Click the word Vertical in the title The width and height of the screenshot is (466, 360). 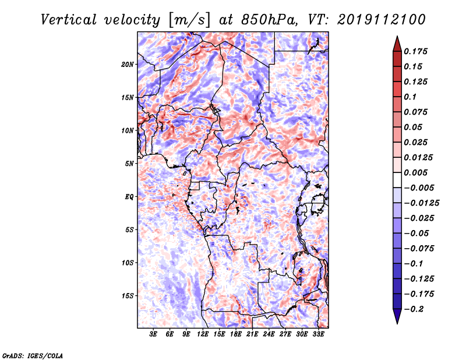point(68,20)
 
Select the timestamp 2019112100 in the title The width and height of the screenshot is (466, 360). point(382,20)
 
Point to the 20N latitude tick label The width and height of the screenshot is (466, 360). point(127,65)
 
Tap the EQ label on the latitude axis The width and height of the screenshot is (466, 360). point(129,197)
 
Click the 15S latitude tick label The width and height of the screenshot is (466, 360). point(127,296)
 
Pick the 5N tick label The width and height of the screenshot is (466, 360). point(129,164)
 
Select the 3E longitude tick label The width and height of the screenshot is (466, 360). point(153,334)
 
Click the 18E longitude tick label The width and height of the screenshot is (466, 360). point(235,334)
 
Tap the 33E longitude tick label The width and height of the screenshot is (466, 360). point(318,334)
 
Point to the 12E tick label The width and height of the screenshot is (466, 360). point(202,334)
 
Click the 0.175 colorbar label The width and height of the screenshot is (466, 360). point(415,51)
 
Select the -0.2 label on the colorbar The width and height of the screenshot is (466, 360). point(414,309)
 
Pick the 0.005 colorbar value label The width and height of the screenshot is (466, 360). point(415,172)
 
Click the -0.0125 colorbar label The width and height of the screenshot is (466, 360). point(421,203)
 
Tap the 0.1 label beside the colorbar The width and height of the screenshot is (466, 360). point(410,97)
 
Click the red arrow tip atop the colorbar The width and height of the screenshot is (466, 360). point(397,36)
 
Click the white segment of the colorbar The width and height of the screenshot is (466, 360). point(397,180)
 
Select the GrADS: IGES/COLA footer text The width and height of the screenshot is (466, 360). point(33,355)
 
